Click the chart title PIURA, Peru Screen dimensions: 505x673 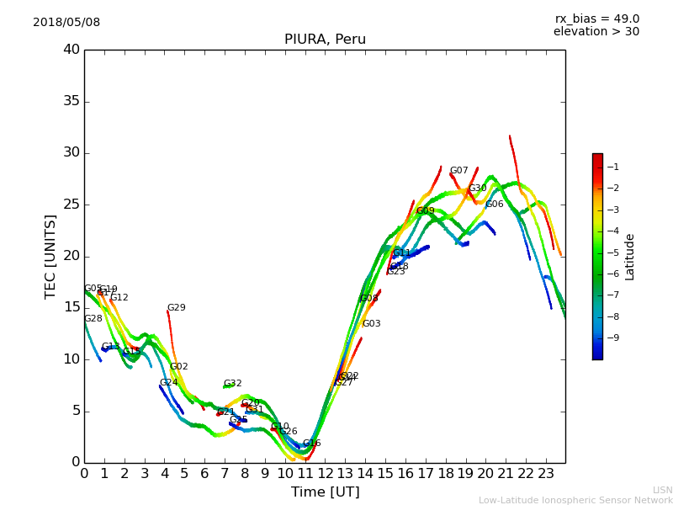325,40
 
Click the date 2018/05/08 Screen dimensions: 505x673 66,23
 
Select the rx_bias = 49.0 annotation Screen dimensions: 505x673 596,19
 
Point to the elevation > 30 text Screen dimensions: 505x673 596,32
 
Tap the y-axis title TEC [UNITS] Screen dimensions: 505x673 50,256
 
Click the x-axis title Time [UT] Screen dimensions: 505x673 325,492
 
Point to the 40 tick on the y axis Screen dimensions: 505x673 71,50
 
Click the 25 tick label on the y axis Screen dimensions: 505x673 71,205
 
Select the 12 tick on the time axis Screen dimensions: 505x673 325,474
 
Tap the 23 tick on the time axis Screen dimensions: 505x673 545,474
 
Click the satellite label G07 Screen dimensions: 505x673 458,171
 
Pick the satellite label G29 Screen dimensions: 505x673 176,308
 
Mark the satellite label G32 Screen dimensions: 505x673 232,384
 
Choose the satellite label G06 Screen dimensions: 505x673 494,205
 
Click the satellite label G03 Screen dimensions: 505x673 371,324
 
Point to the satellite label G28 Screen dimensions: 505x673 93,319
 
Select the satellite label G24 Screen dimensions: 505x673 168,383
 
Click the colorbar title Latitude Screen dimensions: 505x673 629,257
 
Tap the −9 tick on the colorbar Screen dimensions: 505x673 613,338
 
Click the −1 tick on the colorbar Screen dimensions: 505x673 613,167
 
